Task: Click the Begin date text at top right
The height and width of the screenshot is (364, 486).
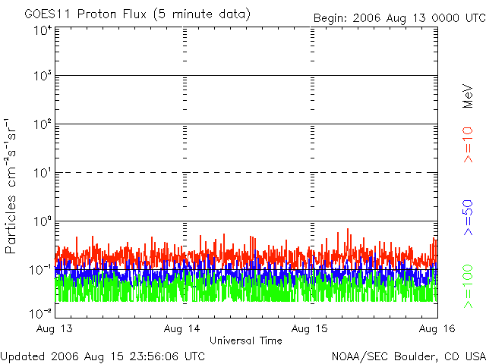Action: coord(399,18)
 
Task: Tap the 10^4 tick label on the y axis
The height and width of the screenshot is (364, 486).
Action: coord(42,30)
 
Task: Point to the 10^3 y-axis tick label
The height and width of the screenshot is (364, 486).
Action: coord(42,77)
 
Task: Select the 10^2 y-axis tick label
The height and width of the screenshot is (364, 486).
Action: coord(42,125)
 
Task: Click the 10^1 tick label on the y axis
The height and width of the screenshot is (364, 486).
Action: coord(42,174)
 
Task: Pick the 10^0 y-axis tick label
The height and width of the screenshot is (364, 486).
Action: coord(42,222)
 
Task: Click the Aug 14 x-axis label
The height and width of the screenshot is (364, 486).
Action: coord(183,329)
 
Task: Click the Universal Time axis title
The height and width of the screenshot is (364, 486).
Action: coord(245,340)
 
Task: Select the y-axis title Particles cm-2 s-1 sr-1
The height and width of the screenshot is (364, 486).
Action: coord(13,186)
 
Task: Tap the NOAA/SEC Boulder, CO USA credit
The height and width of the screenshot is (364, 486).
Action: coord(408,356)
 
